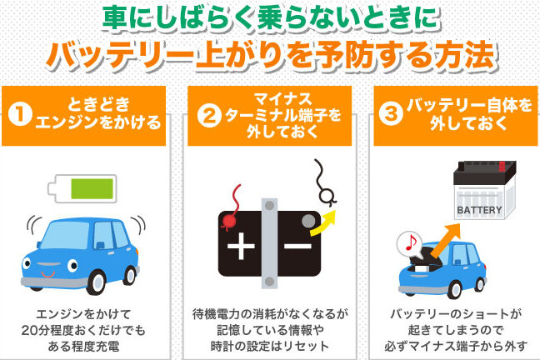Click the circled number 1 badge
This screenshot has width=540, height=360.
20,114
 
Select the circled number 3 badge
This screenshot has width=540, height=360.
391,113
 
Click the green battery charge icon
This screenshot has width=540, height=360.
82,189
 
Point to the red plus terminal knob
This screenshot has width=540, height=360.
228,221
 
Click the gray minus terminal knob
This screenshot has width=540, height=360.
308,221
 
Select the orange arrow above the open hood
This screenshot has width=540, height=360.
445,240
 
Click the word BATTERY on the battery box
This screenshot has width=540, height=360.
479,210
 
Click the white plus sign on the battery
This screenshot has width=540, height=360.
241,246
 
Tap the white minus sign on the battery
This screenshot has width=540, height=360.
297,246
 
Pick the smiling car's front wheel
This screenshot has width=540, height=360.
96,282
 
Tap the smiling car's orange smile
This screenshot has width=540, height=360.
47,274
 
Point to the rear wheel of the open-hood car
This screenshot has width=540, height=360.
481,284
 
